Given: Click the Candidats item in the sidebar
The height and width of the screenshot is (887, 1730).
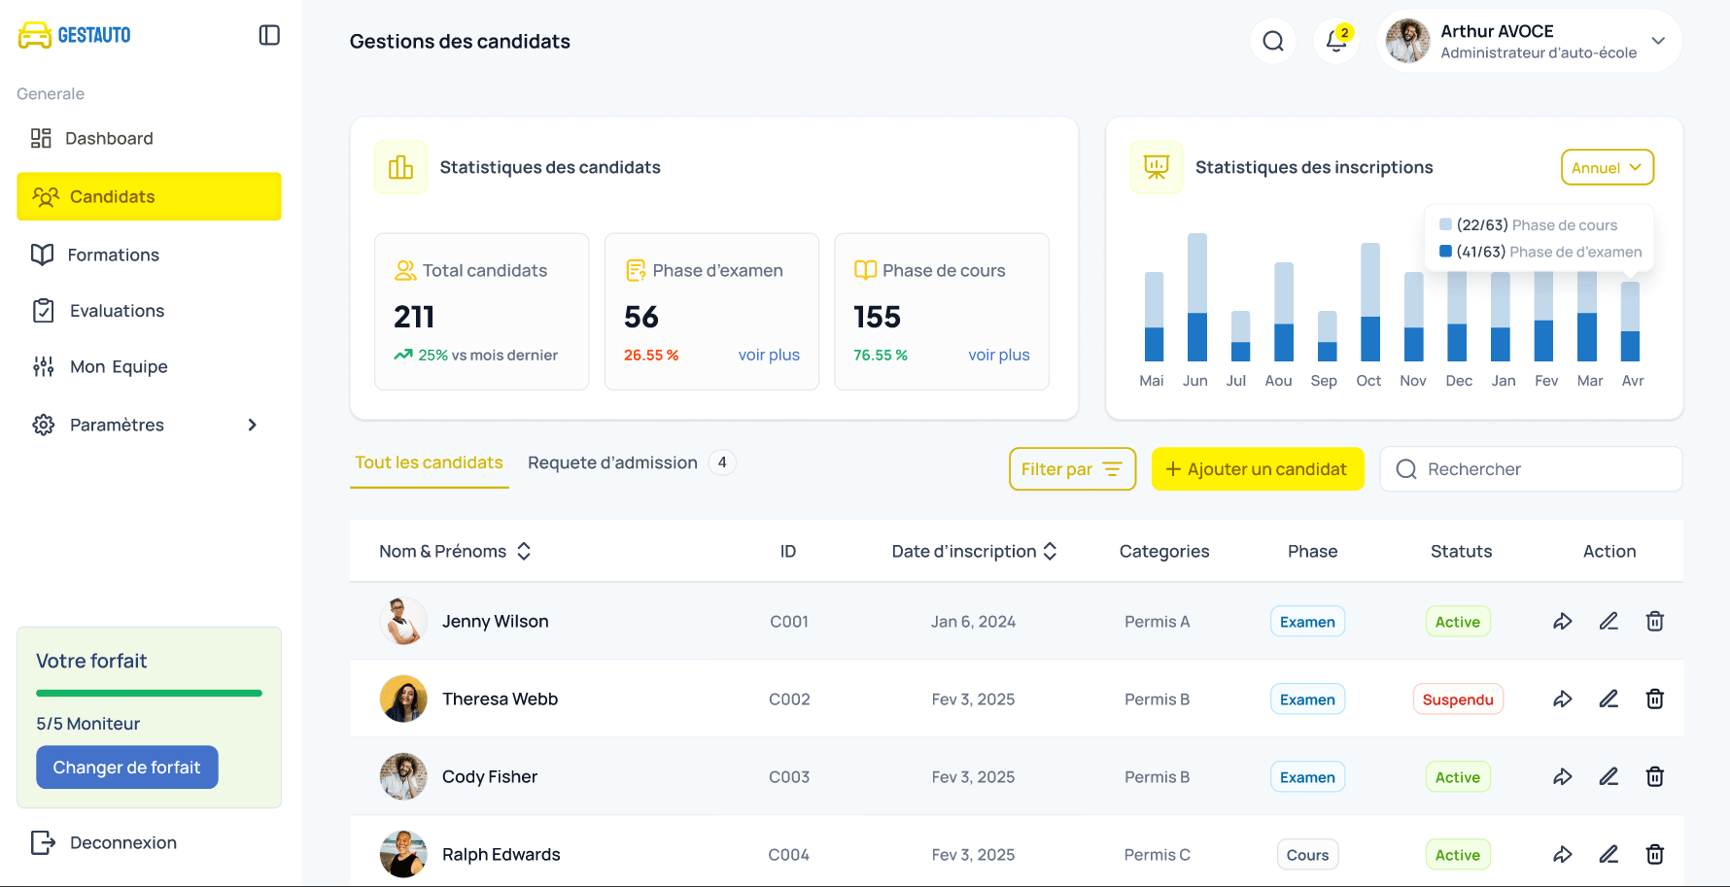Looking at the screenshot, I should pos(149,196).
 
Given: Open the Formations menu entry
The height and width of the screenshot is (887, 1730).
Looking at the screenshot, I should pos(113,255).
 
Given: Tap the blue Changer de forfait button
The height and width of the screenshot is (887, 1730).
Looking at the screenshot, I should pos(126,768).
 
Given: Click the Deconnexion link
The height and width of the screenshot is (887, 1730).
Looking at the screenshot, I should pos(122,842).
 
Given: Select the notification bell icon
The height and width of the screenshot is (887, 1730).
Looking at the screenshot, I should pos(1336,41).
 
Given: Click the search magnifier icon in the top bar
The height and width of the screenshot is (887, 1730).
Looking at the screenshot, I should pos(1273,41).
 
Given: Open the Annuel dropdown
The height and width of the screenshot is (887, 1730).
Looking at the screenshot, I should pos(1607,167).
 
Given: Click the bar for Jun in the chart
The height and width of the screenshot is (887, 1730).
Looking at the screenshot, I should pos(1196,297).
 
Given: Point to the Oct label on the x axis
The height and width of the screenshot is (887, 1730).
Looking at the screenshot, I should pos(1368,381).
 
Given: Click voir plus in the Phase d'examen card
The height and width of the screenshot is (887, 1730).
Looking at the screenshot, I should pos(769,355).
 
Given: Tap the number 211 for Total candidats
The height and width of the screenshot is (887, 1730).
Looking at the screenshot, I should pos(414,317).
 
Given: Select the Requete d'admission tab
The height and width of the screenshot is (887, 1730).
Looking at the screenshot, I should pos(612,462).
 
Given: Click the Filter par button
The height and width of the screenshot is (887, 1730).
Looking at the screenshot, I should pos(1072,469).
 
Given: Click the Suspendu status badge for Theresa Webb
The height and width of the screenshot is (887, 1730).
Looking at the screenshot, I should pos(1457,699).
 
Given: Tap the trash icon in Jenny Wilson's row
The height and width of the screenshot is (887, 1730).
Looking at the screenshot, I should pos(1654,622).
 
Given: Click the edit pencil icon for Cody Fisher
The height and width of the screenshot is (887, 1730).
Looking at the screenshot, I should pos(1609,777).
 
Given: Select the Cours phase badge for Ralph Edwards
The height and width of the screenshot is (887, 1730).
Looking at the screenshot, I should pos(1307,855).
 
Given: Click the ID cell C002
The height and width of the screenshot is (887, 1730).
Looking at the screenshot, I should pos(789,699).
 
